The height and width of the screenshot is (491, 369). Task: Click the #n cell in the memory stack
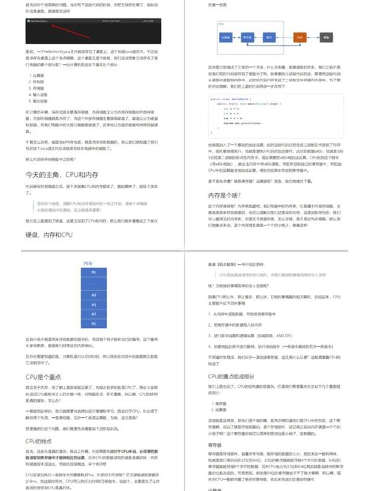tap(94, 273)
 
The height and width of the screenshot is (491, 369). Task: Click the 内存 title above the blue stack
tap(88, 262)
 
